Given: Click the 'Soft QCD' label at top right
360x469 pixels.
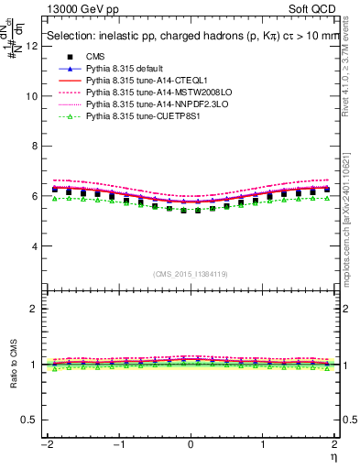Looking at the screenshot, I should click(x=308, y=9).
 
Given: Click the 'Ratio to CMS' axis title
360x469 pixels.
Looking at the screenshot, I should click(x=12, y=377).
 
